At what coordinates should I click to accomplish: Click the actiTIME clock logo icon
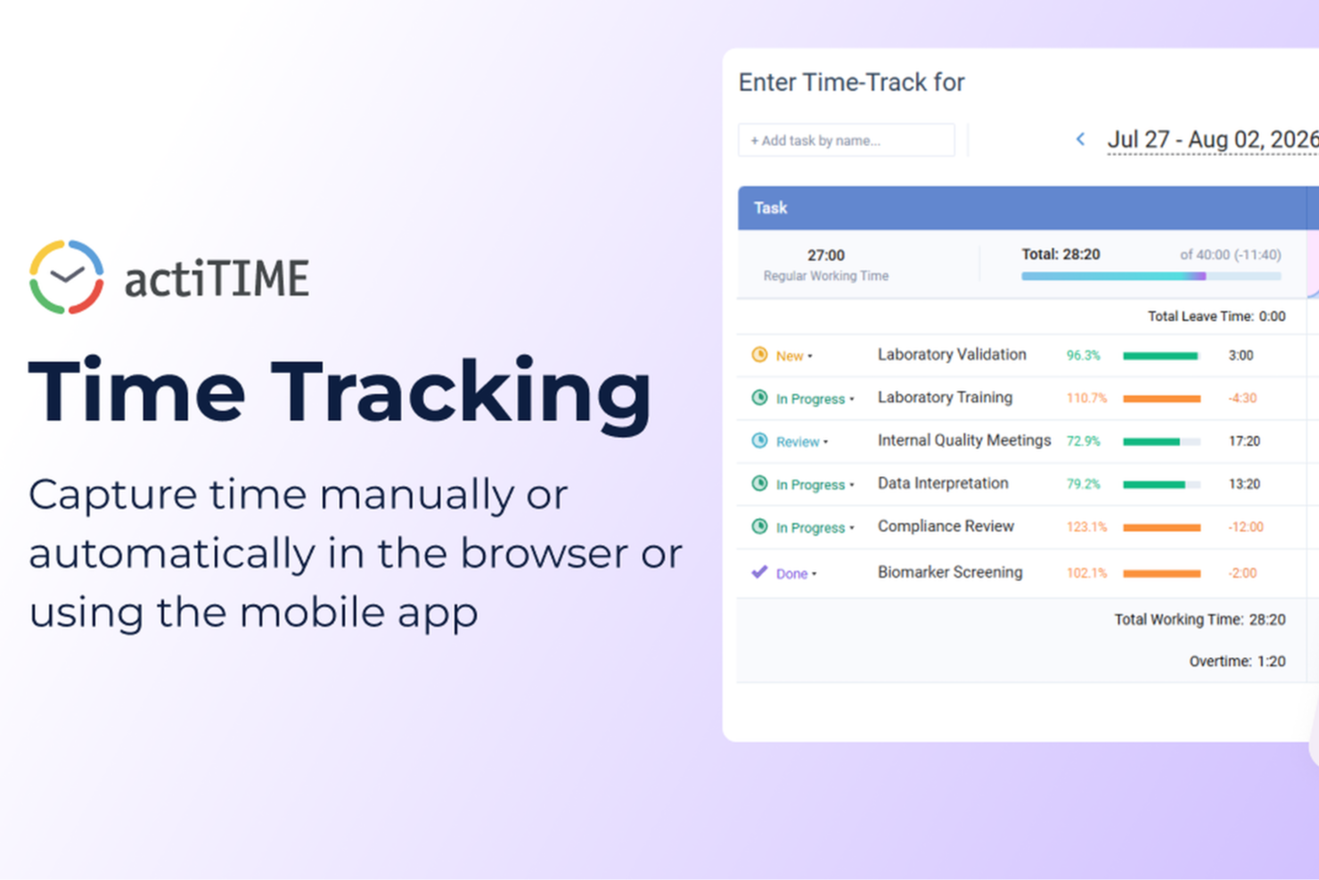tap(67, 276)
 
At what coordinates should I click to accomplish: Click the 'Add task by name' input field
tap(846, 140)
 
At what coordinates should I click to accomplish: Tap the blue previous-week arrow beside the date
tap(1080, 139)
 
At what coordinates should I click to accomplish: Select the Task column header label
tap(770, 208)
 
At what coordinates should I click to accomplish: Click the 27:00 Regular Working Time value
tap(825, 255)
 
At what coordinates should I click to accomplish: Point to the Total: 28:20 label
tap(1061, 254)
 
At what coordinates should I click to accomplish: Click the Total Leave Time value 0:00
tap(1272, 317)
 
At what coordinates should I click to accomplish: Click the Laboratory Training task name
tap(945, 398)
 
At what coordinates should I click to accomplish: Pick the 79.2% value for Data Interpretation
tap(1084, 484)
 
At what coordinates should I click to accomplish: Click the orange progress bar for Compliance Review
tap(1162, 528)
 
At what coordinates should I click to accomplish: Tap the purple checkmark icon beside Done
tap(759, 572)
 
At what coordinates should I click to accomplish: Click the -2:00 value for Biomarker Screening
tap(1242, 573)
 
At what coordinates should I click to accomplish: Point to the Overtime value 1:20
tap(1271, 662)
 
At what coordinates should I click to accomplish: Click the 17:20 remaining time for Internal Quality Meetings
tap(1244, 441)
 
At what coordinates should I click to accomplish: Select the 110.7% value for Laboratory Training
tap(1086, 399)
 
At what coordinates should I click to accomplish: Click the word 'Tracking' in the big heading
tap(461, 393)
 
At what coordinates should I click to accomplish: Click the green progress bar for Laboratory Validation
tap(1160, 356)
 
